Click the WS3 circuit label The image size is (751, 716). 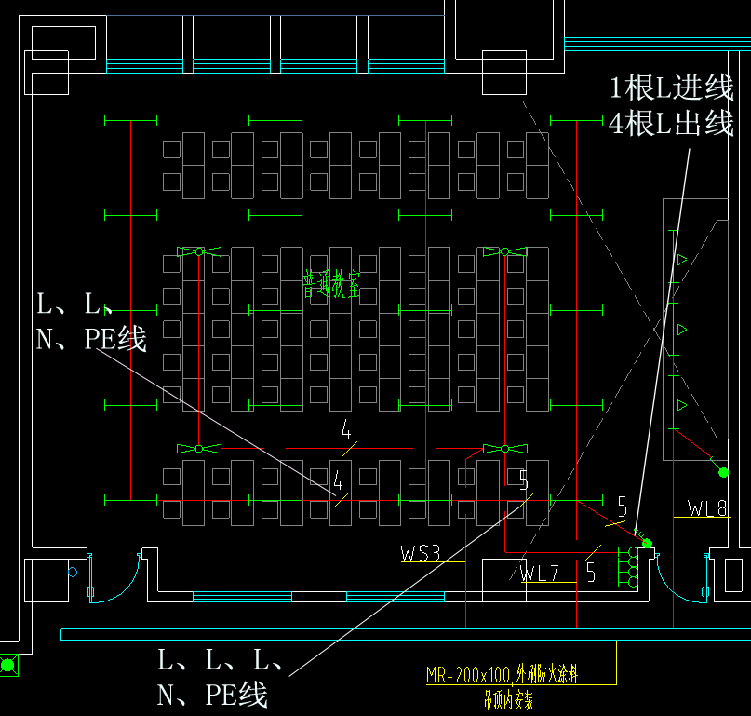pyautogui.click(x=420, y=553)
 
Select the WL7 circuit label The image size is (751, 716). pyautogui.click(x=539, y=574)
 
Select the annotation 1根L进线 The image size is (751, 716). pyautogui.click(x=671, y=88)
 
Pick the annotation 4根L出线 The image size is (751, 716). pyautogui.click(x=671, y=123)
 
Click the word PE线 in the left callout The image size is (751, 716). pyautogui.click(x=115, y=338)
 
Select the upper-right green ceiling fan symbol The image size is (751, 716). pyautogui.click(x=503, y=251)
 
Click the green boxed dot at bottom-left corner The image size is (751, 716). pyautogui.click(x=8, y=665)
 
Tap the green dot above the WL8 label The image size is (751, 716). pyautogui.click(x=723, y=473)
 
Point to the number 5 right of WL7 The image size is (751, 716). pyautogui.click(x=591, y=574)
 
